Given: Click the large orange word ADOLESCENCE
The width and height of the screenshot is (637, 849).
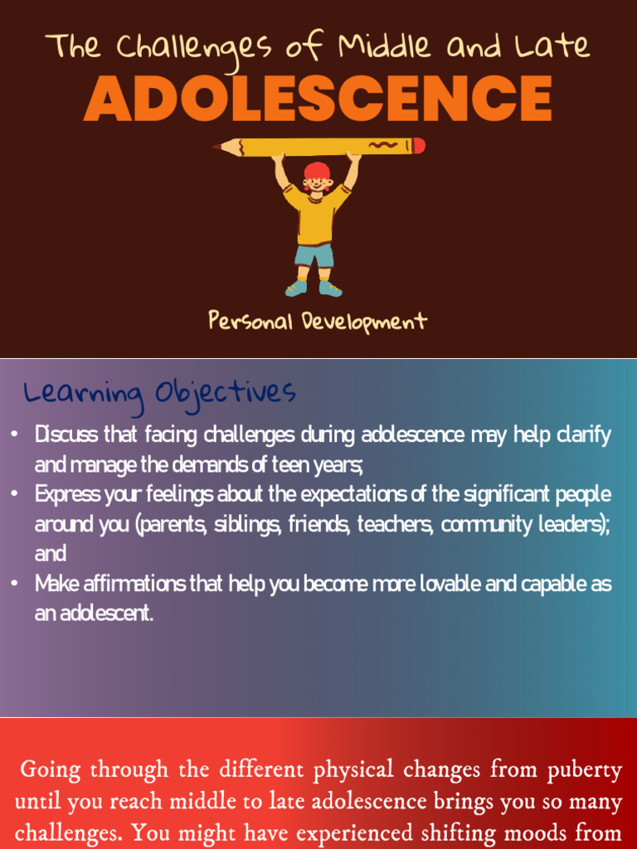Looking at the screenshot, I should (318, 99).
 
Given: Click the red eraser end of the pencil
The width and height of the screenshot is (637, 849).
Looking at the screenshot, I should (420, 146).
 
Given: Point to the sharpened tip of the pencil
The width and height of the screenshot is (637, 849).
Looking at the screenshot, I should (216, 148).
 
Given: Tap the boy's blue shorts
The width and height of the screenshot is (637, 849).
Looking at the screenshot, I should (315, 255).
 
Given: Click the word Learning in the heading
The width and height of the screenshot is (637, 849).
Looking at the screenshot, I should (83, 392).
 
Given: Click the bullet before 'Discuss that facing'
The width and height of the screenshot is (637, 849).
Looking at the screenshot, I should (14, 434).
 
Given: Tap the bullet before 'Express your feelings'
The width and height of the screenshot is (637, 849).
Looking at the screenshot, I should (14, 494).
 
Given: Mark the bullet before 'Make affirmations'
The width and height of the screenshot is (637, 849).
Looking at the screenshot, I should (14, 584).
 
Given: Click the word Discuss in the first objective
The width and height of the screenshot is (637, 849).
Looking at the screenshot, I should (66, 434).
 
